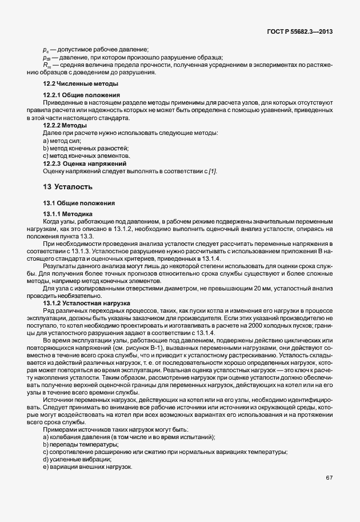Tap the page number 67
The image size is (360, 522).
click(329, 477)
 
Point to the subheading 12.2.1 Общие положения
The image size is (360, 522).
click(81, 94)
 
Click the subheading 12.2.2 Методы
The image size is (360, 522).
click(65, 125)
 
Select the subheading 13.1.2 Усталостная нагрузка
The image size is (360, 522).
click(87, 302)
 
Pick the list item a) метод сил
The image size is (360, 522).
click(62, 140)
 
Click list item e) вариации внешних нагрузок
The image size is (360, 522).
click(87, 467)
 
